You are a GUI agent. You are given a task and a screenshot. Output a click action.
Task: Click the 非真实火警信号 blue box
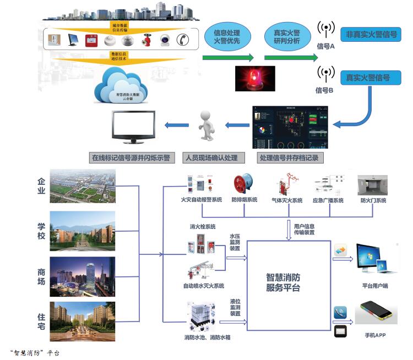click(371, 34)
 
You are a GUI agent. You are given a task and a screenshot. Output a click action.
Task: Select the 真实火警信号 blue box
click(368, 78)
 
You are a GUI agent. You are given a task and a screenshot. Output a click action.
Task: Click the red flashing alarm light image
click(254, 78)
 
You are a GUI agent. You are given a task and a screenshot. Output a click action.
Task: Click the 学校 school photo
click(83, 231)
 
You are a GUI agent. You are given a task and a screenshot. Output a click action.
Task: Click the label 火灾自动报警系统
click(202, 200)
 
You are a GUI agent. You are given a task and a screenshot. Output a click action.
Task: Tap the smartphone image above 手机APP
click(376, 312)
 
